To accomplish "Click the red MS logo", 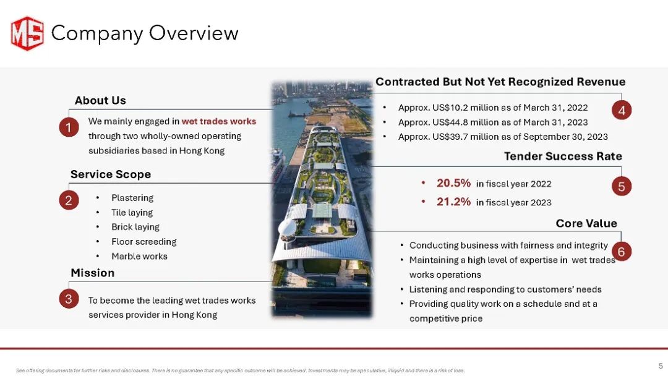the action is (27, 33).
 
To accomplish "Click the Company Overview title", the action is (145, 33).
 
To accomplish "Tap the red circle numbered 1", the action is (69, 127).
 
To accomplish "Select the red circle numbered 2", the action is (69, 200).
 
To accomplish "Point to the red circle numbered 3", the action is (69, 299).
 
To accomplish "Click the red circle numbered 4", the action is (622, 110).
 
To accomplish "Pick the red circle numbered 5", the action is (622, 186).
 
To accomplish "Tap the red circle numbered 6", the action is (622, 251).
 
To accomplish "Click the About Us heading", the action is (101, 101).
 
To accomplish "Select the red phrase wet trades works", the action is (219, 121).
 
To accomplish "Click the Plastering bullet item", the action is (132, 197).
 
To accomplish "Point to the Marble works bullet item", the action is (139, 257).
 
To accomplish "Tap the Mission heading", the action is (92, 273).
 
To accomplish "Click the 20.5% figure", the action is (454, 183).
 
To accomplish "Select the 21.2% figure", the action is (454, 202).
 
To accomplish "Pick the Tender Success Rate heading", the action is (563, 156).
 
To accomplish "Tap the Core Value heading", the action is (586, 223).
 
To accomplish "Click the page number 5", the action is (661, 365).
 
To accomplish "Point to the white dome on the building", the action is (287, 229).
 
